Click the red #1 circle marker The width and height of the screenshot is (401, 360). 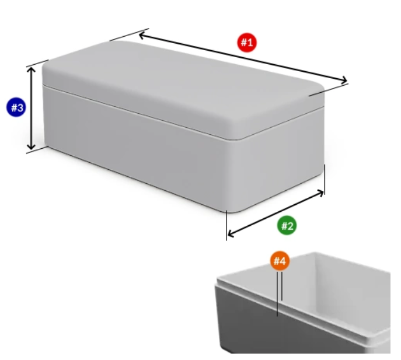247,43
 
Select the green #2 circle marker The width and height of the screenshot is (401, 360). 287,225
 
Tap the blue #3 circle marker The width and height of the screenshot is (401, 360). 16,107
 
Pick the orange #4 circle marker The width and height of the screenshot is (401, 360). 280,261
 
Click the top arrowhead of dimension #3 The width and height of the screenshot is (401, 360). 31,69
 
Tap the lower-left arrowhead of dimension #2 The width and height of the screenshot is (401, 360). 229,234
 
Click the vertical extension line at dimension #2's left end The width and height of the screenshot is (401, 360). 226,226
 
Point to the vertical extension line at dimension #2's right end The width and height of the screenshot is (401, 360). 325,180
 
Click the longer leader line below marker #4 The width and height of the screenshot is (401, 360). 277,294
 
